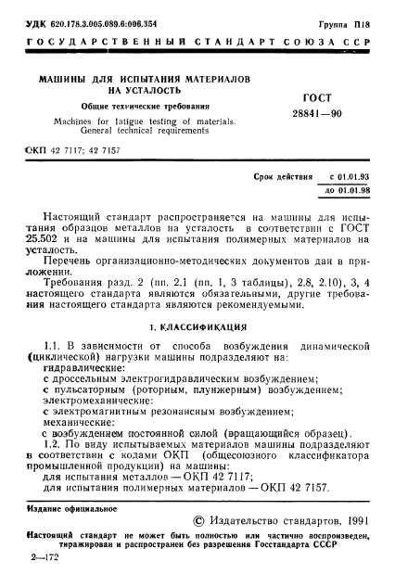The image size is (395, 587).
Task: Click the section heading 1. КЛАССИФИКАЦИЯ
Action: click(197, 302)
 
